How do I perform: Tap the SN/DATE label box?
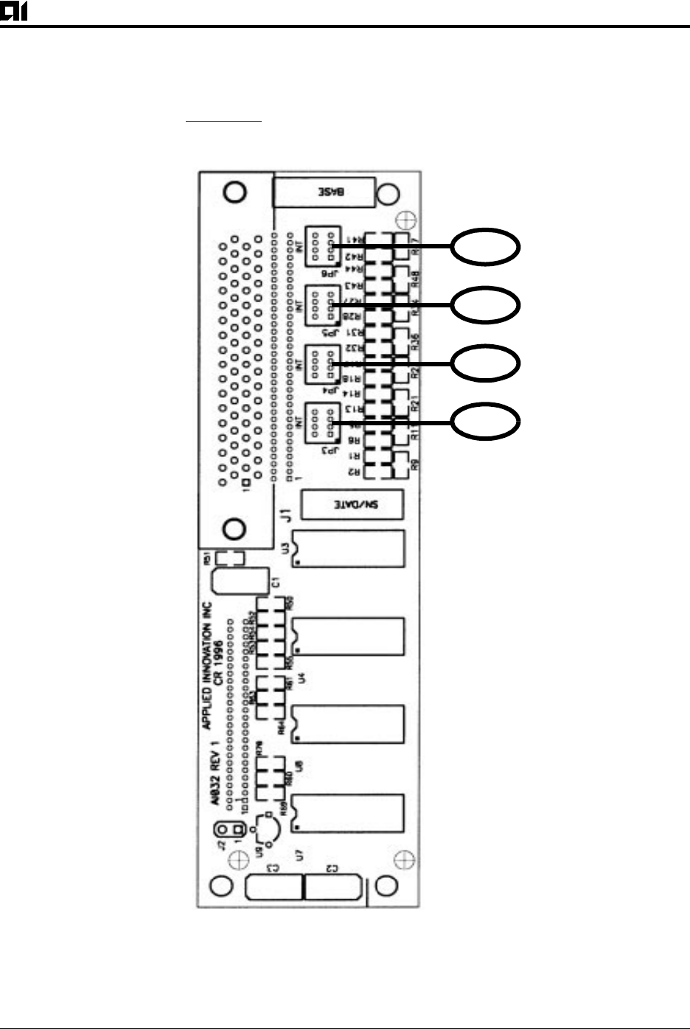pos(352,505)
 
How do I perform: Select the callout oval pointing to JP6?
pos(484,247)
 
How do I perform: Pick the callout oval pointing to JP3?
pos(484,422)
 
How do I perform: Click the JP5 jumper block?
pos(322,304)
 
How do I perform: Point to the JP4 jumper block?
pos(322,364)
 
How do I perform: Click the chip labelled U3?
pos(348,548)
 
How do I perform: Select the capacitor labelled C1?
pos(240,580)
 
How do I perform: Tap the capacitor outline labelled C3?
pos(273,887)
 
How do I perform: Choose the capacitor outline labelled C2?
pos(333,887)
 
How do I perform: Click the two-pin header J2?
pos(229,831)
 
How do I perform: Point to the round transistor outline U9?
pos(265,829)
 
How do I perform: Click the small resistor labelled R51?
pos(228,557)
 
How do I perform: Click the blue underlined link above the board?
pos(223,117)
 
